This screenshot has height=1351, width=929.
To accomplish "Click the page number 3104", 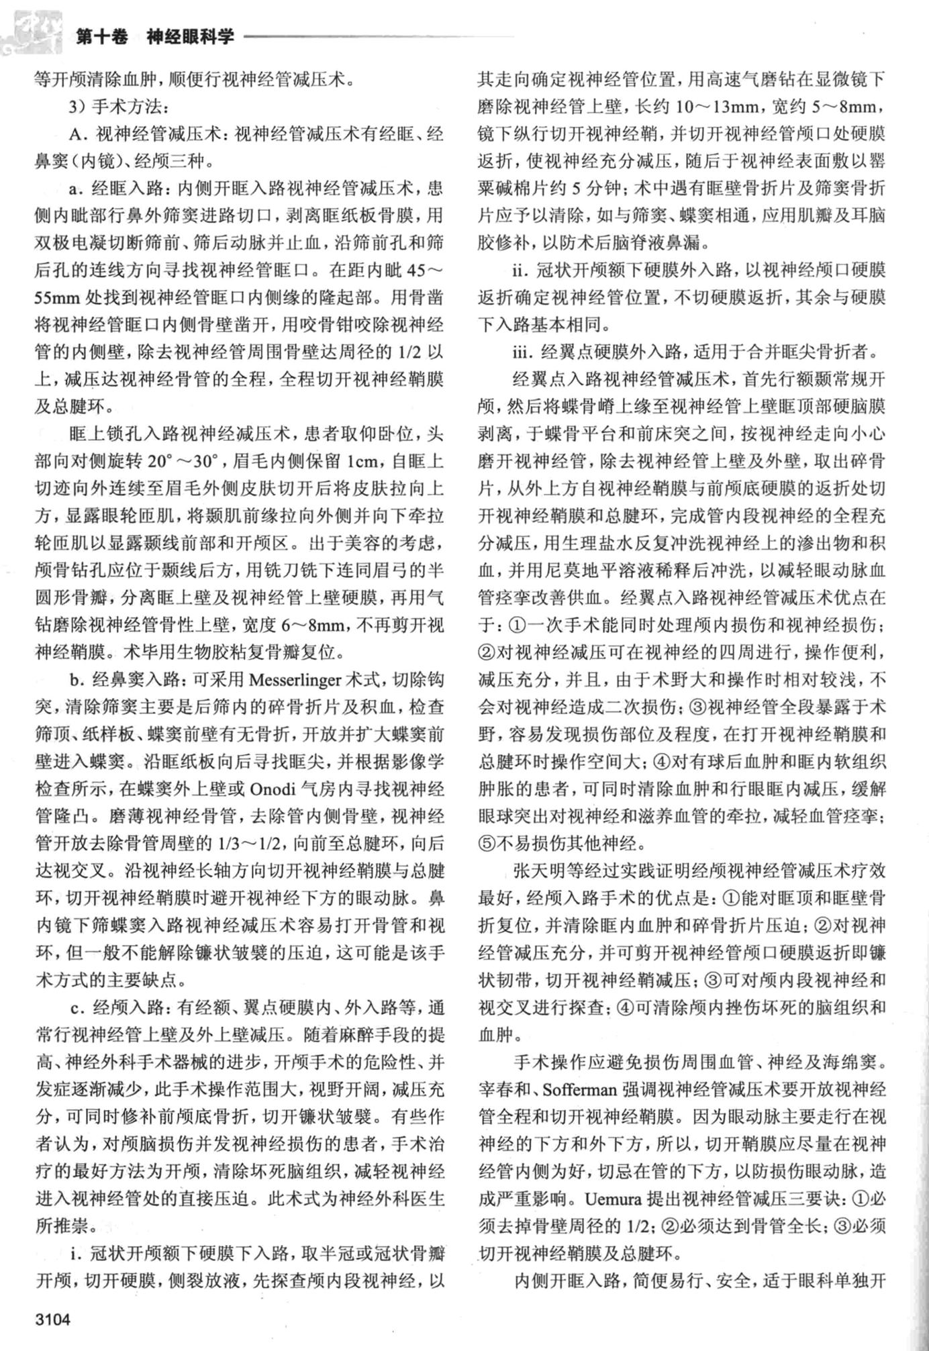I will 52,1319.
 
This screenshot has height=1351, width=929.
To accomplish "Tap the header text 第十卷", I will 101,37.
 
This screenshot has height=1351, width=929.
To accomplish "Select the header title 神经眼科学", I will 190,37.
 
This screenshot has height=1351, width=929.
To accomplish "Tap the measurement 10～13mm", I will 718,106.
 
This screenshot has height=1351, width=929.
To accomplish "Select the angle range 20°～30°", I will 183,461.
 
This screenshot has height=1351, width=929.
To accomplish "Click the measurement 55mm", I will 57,297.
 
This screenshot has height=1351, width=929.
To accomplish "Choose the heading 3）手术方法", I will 118,106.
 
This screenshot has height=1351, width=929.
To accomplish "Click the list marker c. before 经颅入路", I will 77,1007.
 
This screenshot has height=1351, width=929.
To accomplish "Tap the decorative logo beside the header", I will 32,30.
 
